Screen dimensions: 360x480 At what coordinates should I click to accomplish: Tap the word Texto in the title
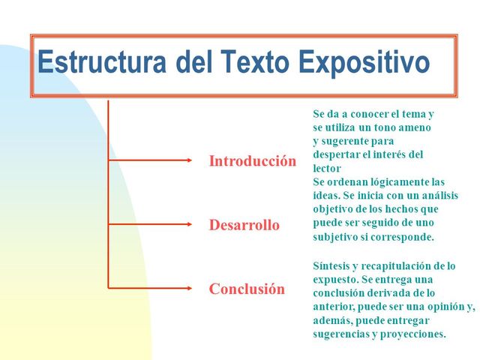pyautogui.click(x=261, y=62)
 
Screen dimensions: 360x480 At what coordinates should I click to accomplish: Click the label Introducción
pyautogui.click(x=252, y=161)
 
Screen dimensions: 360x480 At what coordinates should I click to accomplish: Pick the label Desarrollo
pyautogui.click(x=244, y=225)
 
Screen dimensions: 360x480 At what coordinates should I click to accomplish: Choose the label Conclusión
pyautogui.click(x=247, y=289)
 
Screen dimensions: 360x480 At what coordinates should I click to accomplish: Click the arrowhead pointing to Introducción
pyautogui.click(x=188, y=160)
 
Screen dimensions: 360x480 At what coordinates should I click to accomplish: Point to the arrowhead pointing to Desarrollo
pyautogui.click(x=188, y=224)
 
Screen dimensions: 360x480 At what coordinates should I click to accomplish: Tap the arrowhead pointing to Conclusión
pyautogui.click(x=188, y=288)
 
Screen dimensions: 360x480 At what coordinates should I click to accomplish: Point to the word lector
pyautogui.click(x=326, y=169)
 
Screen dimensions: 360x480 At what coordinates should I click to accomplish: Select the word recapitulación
pyautogui.click(x=405, y=266)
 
